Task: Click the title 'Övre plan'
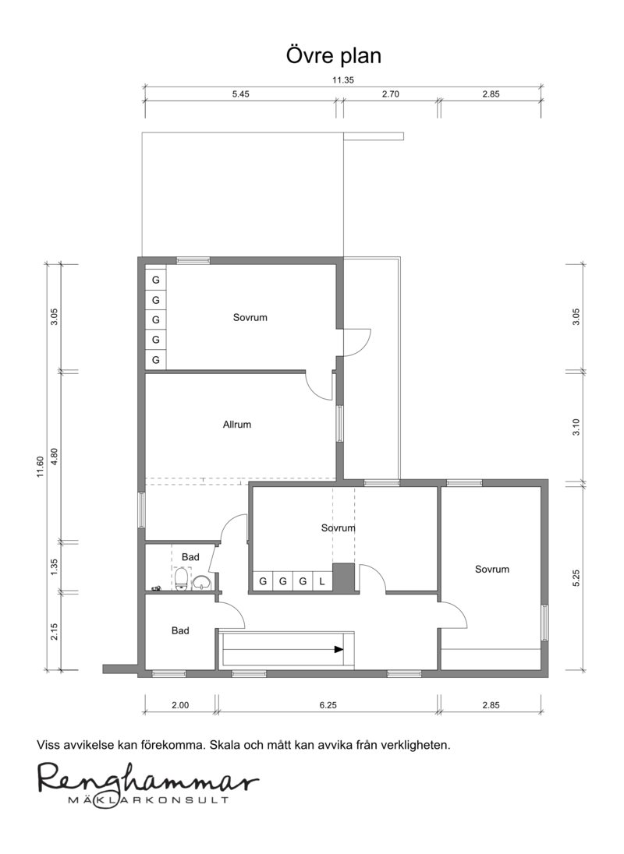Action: pos(334,56)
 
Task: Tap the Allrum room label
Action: pos(237,425)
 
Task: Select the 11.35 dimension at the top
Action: pos(343,79)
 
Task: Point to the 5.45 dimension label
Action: pos(240,94)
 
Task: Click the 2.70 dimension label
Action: pos(390,94)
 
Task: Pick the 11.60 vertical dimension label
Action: pos(40,467)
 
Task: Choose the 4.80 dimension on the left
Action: pos(54,456)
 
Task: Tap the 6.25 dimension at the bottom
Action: pos(328,704)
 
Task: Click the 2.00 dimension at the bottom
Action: pos(180,704)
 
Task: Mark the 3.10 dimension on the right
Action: pos(576,426)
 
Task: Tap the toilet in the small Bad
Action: pos(182,578)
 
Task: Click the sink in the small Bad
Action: pos(202,582)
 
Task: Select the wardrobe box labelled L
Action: pos(322,581)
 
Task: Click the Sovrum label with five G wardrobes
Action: pos(250,317)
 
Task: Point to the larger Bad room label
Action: pos(180,630)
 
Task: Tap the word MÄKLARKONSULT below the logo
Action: pos(147,800)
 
